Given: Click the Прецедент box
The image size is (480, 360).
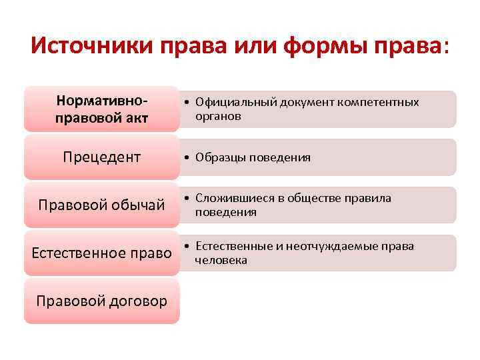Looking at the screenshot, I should coord(101,157).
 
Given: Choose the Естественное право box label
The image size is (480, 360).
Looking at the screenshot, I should coord(101,253).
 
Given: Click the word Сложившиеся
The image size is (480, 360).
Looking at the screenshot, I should coord(231,199).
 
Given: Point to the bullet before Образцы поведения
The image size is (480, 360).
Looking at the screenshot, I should coord(189,157).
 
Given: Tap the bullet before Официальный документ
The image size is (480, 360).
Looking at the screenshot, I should coord(189,102).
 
